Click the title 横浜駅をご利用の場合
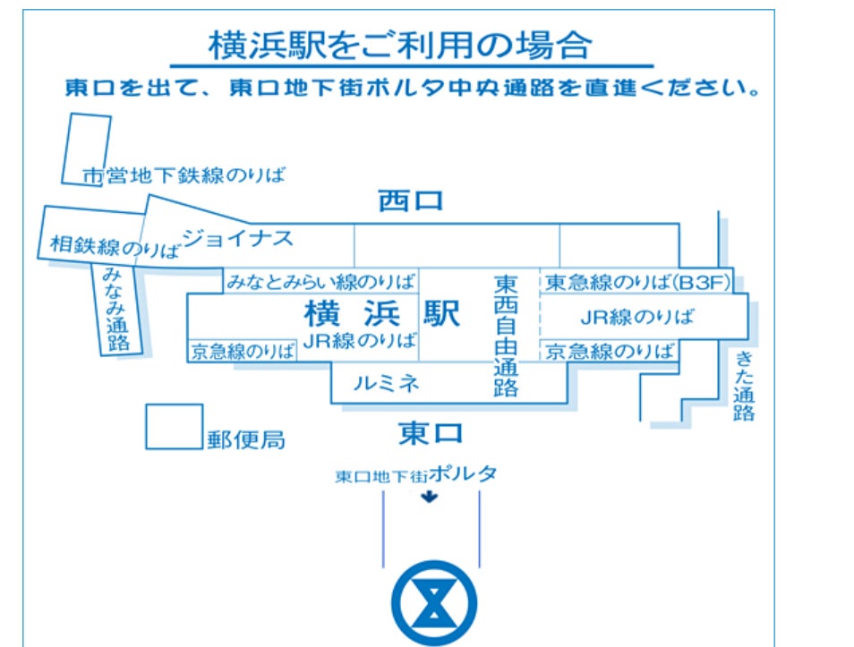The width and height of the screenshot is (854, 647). [399, 45]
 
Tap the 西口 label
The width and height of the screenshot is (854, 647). [410, 201]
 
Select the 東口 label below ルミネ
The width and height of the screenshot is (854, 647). [431, 434]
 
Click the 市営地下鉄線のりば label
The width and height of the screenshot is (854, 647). [184, 175]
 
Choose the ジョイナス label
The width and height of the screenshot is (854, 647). [238, 238]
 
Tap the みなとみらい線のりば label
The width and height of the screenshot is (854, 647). [320, 282]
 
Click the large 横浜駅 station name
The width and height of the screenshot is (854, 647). [382, 313]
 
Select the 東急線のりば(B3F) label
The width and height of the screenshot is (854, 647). [638, 283]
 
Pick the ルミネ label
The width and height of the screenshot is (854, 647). [386, 384]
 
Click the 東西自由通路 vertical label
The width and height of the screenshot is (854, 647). [506, 335]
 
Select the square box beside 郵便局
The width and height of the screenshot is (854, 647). [175, 427]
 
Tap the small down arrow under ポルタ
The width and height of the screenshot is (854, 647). [431, 498]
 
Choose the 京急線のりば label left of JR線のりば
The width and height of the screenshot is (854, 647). [243, 352]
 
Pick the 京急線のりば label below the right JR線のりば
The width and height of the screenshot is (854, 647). [611, 351]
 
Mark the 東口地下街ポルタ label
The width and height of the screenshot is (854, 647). [415, 475]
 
